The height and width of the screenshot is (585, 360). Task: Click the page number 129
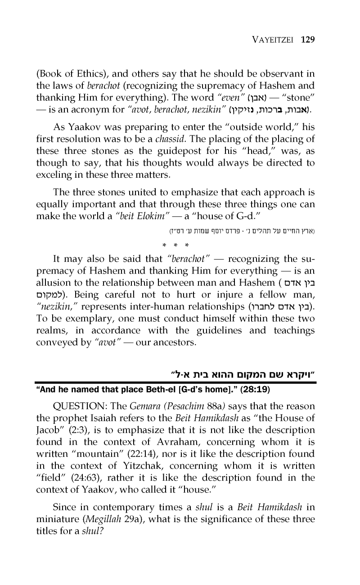[x=307, y=39]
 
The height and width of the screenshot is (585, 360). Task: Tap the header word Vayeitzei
[x=271, y=40]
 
